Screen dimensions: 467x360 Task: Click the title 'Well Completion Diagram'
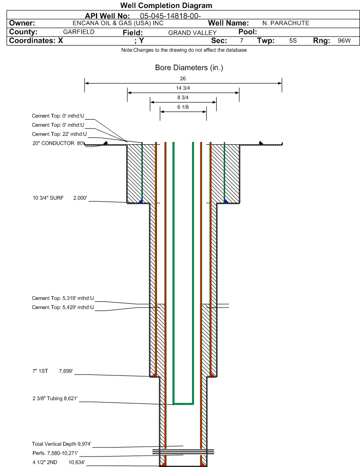166,6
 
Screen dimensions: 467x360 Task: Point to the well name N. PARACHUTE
286,23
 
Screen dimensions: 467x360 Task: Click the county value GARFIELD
79,32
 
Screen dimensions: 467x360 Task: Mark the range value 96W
344,41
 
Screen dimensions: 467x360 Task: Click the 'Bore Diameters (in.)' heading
189,68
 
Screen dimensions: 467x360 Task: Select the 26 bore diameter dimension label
183,78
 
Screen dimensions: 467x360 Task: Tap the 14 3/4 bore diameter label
183,88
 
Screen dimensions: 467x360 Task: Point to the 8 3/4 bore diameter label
183,98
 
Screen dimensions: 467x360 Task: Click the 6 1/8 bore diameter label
183,107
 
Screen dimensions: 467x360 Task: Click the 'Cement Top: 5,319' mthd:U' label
63,299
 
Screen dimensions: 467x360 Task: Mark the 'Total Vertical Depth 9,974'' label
62,444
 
